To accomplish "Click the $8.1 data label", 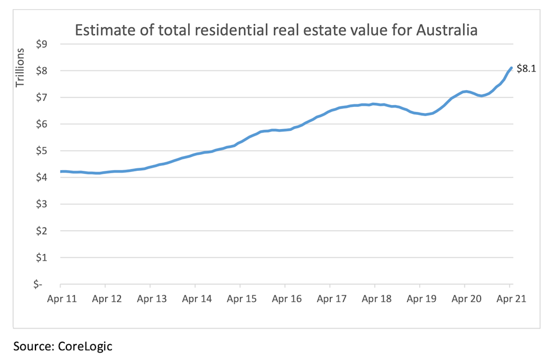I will tap(526, 69).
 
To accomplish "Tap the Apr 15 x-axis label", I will tap(240, 298).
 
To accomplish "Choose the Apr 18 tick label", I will tap(375, 298).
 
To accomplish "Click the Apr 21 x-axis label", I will tap(510, 298).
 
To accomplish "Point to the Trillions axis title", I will tap(21, 67).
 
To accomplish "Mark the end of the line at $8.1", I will tap(511, 68).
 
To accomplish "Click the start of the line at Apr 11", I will tap(61, 171).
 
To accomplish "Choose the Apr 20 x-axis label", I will tap(465, 298).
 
